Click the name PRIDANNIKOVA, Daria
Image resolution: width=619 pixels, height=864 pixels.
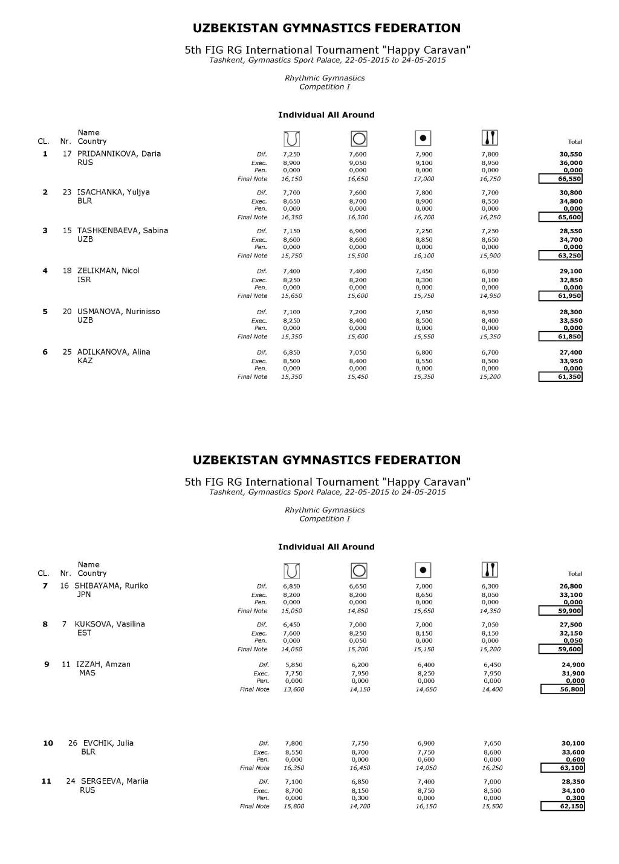[119, 153]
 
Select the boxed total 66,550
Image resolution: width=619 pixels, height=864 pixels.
[560, 179]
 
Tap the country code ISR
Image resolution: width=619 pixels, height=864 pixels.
[84, 280]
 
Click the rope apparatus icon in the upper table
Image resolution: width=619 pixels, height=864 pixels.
[291, 139]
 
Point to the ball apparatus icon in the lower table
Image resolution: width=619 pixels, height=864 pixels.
[423, 570]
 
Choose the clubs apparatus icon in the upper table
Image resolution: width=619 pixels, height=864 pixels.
[490, 138]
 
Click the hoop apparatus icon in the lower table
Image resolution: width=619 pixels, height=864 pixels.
[358, 570]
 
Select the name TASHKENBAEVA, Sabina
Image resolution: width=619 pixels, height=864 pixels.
[123, 230]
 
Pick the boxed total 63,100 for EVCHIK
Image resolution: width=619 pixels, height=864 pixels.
[562, 768]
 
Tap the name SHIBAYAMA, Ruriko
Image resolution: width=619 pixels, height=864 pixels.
[111, 585]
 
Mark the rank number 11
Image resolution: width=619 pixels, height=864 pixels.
[46, 781]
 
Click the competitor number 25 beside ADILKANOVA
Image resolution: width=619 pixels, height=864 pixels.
[67, 352]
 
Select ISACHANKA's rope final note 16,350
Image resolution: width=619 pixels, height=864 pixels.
[291, 218]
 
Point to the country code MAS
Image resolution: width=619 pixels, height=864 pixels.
[87, 673]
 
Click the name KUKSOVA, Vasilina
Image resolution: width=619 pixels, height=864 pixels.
[109, 624]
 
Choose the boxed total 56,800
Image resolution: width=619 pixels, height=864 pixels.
[562, 689]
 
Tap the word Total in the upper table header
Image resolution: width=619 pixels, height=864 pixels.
[575, 142]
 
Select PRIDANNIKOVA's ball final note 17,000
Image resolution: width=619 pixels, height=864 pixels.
[424, 179]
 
